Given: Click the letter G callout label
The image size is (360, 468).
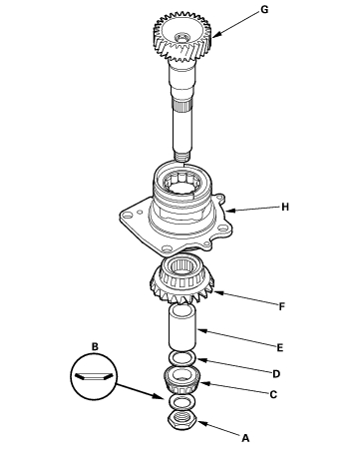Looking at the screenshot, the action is (x=264, y=10).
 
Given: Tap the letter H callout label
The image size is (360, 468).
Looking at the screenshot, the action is (x=285, y=207).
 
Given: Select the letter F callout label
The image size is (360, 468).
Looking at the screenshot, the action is (x=282, y=306).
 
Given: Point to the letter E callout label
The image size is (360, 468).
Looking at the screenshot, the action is (x=280, y=348).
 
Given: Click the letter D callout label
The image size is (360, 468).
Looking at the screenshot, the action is (x=276, y=374).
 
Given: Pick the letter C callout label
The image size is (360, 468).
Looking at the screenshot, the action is (x=273, y=395).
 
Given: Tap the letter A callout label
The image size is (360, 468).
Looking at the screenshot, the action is (x=245, y=438).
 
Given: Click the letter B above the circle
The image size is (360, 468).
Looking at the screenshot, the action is (x=95, y=347).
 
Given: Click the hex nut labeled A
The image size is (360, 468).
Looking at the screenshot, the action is (x=182, y=421).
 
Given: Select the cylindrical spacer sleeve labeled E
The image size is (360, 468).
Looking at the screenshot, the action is (x=182, y=327).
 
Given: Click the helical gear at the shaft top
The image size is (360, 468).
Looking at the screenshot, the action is (x=182, y=37).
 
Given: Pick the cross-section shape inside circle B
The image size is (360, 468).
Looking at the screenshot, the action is (x=94, y=376).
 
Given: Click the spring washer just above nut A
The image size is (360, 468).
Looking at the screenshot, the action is (x=182, y=402).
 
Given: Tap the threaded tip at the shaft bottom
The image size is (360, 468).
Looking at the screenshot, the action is (x=182, y=156).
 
